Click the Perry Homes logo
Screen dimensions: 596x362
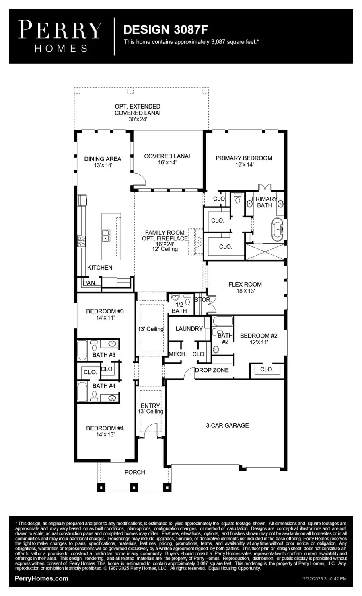(61, 37)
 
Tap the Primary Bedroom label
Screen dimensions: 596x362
(244, 161)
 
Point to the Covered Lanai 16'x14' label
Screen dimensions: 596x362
(167, 159)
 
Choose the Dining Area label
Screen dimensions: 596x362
(103, 162)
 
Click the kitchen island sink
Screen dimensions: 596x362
(107, 235)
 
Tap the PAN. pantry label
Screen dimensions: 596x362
(90, 283)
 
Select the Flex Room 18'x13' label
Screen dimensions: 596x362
(245, 287)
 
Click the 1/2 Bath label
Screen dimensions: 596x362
(179, 308)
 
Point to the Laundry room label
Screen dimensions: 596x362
(189, 329)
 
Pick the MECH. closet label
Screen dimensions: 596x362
(177, 354)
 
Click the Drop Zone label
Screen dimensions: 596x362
(212, 370)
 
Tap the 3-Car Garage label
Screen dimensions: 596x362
(227, 425)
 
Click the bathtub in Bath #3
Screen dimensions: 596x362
(82, 350)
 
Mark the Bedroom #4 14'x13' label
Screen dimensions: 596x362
(105, 431)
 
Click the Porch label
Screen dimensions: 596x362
(135, 472)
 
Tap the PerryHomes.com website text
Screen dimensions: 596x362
(41, 578)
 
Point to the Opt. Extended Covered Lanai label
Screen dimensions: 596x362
(138, 113)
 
